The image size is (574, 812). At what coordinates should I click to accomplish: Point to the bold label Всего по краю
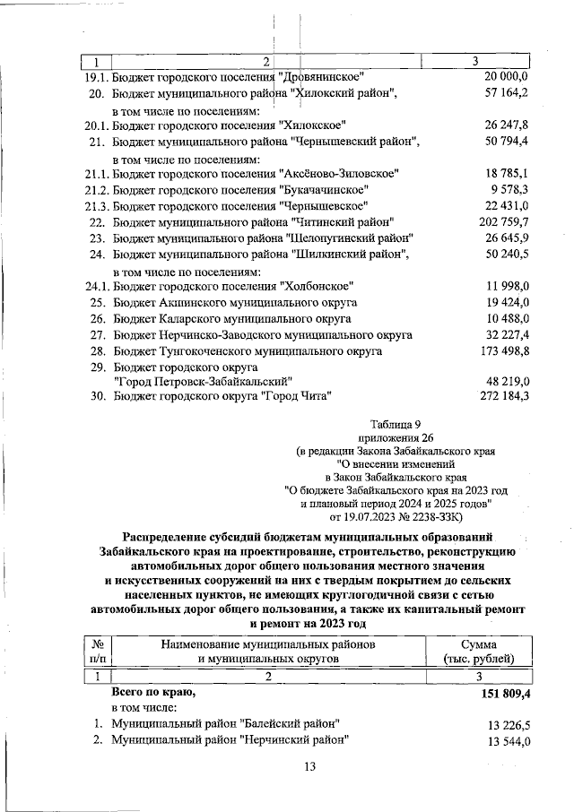152,693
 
